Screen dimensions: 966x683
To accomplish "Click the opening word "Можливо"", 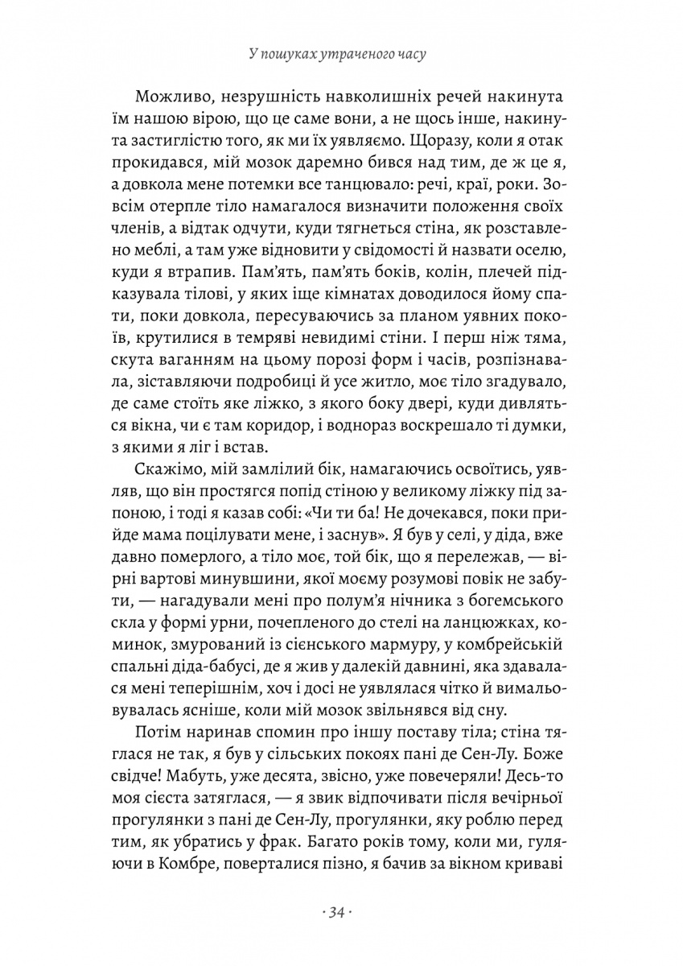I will click(x=171, y=97).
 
